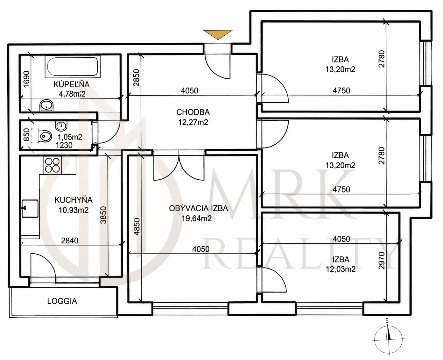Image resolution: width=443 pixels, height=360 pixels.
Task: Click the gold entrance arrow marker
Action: pos(218,34)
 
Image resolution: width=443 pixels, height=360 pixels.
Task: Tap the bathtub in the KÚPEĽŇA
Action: pos(72,67)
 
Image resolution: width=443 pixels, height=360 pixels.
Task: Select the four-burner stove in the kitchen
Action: pos(53,165)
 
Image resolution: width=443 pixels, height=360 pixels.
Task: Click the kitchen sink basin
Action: pos(30,209)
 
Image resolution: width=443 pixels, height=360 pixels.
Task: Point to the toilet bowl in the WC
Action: pos(45,137)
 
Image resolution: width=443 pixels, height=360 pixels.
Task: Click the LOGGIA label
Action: pos(62,301)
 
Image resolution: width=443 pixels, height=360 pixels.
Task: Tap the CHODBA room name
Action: pos(193,112)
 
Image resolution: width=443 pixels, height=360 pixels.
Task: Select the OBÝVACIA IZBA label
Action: pos(198,208)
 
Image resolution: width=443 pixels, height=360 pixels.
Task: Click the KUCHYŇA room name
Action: pos(74,200)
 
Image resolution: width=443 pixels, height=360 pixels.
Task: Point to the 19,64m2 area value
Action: pos(197,219)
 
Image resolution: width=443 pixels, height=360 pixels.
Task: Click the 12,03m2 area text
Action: pos(341,270)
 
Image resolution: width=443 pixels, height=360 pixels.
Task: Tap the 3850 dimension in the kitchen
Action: pos(103,215)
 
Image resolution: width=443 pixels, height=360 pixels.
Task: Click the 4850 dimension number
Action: pos(137,227)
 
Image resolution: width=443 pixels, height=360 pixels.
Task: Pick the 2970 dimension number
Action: pos(382,261)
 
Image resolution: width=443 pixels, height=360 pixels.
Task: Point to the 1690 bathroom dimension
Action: pos(26,79)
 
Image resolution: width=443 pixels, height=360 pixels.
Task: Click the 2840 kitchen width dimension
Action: pos(70,241)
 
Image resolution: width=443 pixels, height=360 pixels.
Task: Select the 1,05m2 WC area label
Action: pos(70,137)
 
